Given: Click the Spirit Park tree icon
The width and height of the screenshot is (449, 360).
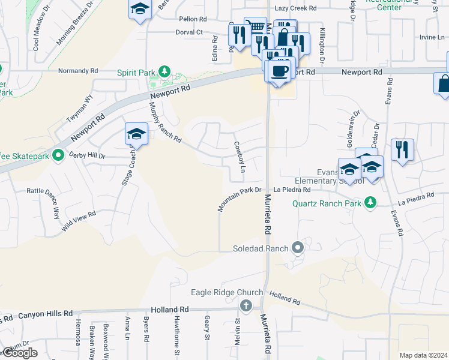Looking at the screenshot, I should (x=164, y=73).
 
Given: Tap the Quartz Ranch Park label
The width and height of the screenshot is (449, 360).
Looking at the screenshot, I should (x=327, y=203).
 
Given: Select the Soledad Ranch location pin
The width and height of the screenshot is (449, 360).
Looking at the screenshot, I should (x=298, y=247).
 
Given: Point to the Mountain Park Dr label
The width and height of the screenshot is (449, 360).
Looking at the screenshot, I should (x=240, y=199).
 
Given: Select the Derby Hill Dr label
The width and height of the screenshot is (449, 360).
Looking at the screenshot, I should (x=87, y=155).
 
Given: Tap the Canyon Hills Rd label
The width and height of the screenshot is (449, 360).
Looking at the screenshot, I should (x=45, y=314).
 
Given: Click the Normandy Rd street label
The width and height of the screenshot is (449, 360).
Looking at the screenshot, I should (x=78, y=71).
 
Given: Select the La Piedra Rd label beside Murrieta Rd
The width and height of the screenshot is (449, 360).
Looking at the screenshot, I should (x=292, y=190).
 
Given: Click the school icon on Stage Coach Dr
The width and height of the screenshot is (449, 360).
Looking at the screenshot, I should (x=136, y=134).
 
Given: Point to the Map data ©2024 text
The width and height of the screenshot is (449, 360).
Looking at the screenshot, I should (x=423, y=355).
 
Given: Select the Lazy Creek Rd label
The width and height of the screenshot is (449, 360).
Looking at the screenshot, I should (x=295, y=8).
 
